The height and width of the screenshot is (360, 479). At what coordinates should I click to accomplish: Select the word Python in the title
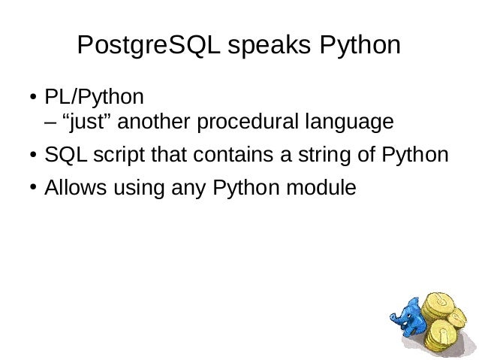(360, 47)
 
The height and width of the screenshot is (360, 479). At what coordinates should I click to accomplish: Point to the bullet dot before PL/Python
(34, 99)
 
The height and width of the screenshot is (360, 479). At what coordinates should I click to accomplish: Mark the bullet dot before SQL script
(34, 156)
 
